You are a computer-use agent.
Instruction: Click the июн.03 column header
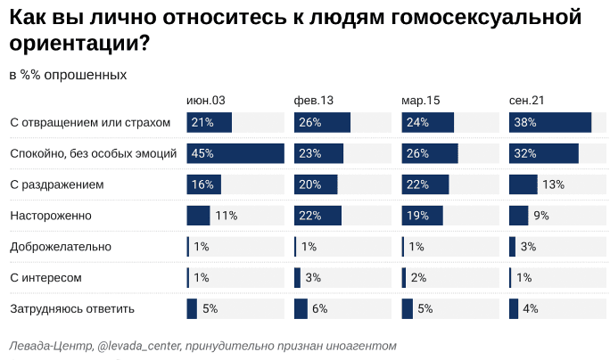click(205, 101)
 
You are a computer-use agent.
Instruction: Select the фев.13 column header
click(314, 101)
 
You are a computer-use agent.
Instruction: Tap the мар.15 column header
click(421, 101)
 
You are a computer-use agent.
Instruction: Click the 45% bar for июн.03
click(235, 153)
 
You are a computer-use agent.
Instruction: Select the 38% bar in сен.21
click(550, 122)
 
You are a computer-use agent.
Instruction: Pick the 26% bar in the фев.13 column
click(322, 122)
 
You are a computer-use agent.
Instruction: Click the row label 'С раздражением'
click(57, 184)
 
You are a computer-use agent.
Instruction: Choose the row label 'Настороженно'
click(51, 216)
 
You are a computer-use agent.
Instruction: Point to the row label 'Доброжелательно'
click(60, 247)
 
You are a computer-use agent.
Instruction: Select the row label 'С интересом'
click(45, 278)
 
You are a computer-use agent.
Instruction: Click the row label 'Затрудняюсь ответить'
click(71, 309)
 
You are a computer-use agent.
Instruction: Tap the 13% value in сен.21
click(553, 184)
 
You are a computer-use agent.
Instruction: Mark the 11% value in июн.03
click(225, 216)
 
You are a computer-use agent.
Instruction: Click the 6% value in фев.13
click(320, 309)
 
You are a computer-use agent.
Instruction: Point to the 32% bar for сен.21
click(544, 153)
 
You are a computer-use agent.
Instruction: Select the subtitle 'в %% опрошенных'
click(68, 75)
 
